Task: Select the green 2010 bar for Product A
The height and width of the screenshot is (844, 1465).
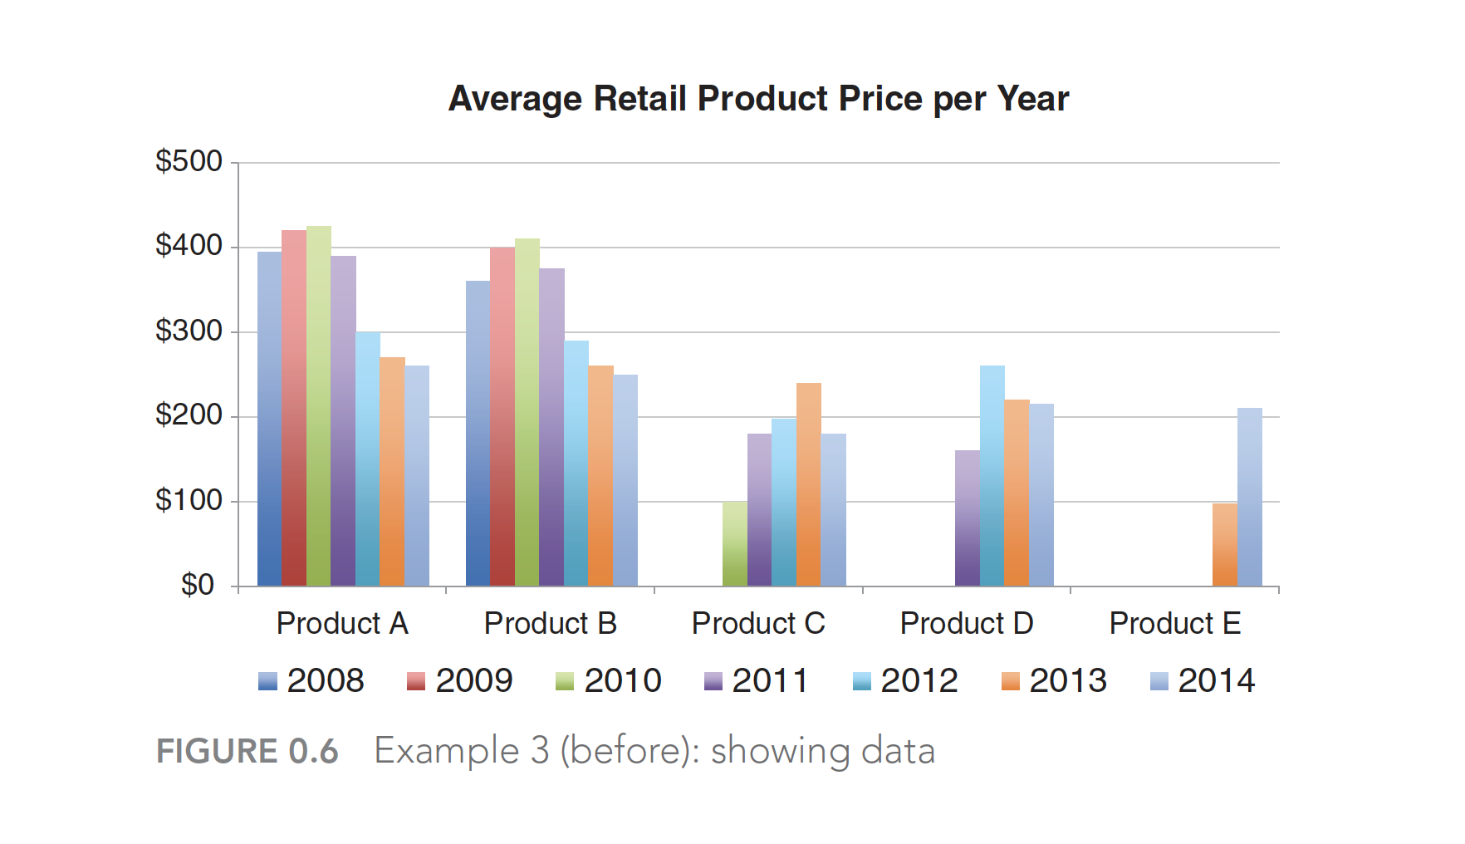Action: point(319,407)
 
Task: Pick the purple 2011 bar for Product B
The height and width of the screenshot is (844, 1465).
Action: point(551,428)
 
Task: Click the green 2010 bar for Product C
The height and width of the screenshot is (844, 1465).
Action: point(734,544)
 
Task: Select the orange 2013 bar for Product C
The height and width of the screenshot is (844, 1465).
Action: point(808,485)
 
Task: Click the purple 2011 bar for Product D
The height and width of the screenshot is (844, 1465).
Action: point(967,518)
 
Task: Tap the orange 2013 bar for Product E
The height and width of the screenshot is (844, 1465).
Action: point(1224,545)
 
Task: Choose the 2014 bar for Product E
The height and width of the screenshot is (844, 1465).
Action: point(1249,498)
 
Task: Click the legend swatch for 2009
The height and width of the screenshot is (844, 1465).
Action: point(415,682)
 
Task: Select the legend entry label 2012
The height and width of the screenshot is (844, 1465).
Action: point(919,681)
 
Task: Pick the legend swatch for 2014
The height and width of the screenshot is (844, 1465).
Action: point(1159,682)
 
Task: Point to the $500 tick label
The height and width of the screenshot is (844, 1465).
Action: point(189,161)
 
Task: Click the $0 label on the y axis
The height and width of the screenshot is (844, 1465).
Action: point(198,586)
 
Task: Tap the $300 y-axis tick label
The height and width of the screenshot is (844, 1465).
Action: point(189,331)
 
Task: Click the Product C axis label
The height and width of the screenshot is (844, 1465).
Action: point(758,624)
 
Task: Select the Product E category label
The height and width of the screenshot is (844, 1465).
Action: point(1174,624)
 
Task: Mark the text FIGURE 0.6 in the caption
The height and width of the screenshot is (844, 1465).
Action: point(247,752)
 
